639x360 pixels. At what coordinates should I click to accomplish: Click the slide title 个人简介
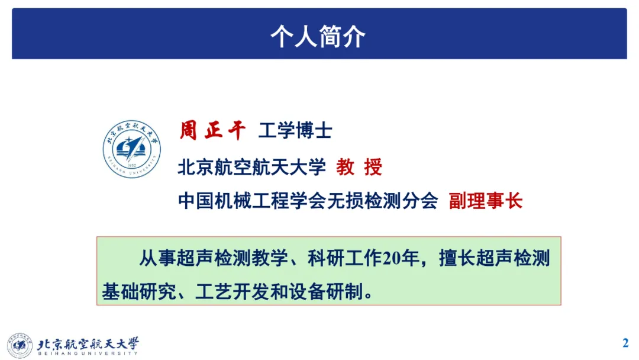318,36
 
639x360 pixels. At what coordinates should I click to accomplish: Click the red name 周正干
213,130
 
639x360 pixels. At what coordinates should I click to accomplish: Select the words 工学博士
295,131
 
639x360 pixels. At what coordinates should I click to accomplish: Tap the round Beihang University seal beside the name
131,149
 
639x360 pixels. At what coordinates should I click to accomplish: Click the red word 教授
359,167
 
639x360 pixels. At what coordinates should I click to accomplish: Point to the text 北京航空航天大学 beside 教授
251,167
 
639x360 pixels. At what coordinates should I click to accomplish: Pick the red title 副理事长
486,201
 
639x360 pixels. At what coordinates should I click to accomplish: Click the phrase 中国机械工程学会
251,201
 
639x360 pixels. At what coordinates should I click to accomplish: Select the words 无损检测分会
382,201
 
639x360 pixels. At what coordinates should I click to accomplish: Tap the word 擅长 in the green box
457,258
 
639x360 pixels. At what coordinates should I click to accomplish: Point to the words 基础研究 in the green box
139,291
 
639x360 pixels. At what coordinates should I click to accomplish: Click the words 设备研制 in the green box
325,291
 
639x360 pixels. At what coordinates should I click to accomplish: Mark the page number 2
625,343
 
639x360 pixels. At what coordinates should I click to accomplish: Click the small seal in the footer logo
20,345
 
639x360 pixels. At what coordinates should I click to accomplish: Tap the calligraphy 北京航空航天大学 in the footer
88,343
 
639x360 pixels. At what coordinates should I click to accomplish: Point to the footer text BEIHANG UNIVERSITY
88,353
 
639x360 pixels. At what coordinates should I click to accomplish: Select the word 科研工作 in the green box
344,258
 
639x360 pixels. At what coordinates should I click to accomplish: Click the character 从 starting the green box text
149,258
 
